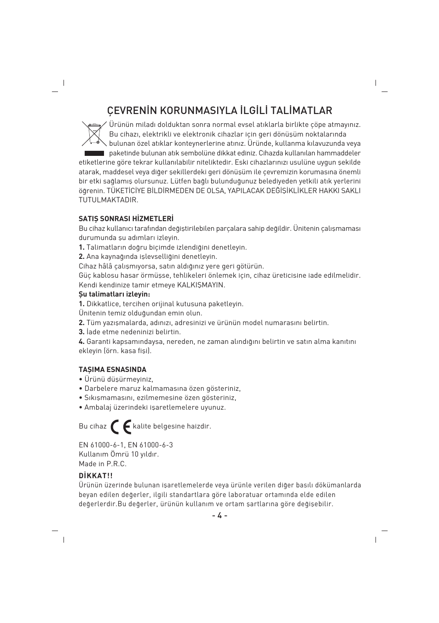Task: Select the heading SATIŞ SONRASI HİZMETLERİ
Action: point(126,219)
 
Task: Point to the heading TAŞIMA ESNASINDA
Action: point(112,370)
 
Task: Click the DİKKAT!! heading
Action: point(96,475)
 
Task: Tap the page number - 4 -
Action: point(219,515)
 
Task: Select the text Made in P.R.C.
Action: point(103,464)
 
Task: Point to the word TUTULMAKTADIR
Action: point(108,200)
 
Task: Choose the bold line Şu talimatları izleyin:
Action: point(114,294)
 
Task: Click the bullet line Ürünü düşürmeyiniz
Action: point(118,379)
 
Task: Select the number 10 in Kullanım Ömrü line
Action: point(135,454)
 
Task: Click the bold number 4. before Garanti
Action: point(81,342)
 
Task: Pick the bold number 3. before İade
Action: point(81,332)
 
